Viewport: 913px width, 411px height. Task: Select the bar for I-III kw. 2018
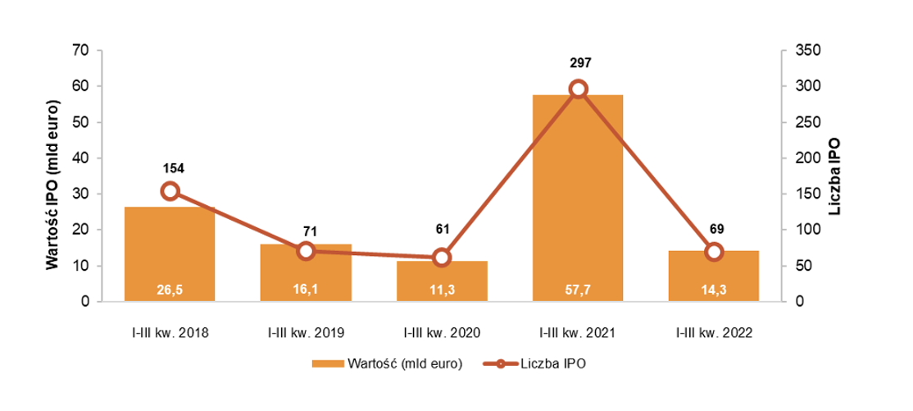coord(170,246)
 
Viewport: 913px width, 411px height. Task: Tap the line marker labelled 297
coord(578,89)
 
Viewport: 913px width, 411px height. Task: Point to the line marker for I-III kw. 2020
coord(442,258)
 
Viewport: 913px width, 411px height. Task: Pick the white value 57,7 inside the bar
coord(578,289)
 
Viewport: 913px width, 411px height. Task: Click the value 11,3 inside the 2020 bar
coord(442,289)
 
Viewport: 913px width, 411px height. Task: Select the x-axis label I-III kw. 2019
coord(306,333)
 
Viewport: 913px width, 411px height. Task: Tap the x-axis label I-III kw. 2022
coord(714,333)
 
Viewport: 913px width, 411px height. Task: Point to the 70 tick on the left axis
coord(80,51)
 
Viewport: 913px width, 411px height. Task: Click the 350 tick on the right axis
coord(806,51)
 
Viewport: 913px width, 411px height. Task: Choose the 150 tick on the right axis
coord(806,194)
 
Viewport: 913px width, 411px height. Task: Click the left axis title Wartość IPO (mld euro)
coord(51,176)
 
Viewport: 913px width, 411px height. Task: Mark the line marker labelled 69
coord(714,252)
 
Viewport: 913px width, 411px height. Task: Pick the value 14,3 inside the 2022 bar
coord(714,289)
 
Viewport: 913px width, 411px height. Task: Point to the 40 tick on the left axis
coord(80,158)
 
